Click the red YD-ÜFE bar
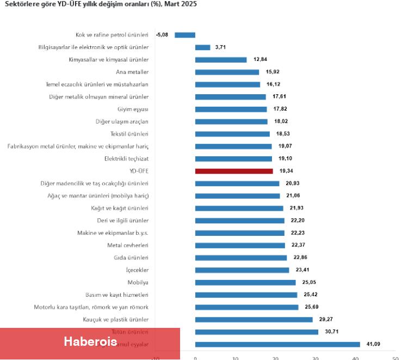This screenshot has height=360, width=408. (x=234, y=171)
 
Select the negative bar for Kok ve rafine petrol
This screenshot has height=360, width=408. (x=185, y=35)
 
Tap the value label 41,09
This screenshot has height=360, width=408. (x=374, y=344)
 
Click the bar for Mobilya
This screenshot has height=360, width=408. (x=245, y=283)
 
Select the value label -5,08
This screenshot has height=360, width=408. (x=162, y=35)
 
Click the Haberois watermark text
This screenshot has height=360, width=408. (x=90, y=342)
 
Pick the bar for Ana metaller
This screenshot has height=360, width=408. (x=227, y=72)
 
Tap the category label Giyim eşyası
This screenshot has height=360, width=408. (x=133, y=109)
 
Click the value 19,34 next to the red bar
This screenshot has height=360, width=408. (x=287, y=171)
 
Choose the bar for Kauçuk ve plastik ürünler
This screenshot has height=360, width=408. (x=254, y=320)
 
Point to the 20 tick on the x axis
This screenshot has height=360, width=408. (x=275, y=358)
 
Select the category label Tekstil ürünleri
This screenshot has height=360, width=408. (x=129, y=134)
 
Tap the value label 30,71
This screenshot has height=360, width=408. (x=332, y=332)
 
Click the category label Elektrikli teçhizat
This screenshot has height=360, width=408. (x=126, y=158)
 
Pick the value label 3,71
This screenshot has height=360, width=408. (x=220, y=47)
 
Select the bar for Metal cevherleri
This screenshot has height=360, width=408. (x=240, y=245)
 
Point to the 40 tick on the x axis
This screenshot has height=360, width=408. (x=356, y=358)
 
